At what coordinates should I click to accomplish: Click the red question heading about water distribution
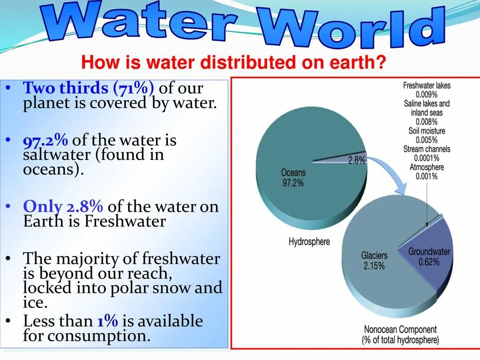(x=233, y=63)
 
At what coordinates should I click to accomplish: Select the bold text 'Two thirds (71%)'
(x=89, y=88)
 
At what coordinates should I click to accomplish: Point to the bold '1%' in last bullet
(x=107, y=321)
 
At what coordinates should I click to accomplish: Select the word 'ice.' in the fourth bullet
(x=36, y=302)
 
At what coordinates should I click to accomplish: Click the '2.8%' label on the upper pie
(x=357, y=160)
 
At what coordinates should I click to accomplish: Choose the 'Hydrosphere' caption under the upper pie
(x=309, y=242)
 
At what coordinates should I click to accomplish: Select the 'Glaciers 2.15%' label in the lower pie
(x=374, y=260)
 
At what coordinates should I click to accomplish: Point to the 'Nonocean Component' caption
(x=400, y=330)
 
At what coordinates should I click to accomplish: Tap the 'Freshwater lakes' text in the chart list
(x=427, y=86)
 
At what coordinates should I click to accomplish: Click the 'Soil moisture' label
(x=427, y=131)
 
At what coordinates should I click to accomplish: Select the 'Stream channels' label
(x=427, y=149)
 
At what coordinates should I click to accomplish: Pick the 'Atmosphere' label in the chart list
(x=427, y=167)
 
